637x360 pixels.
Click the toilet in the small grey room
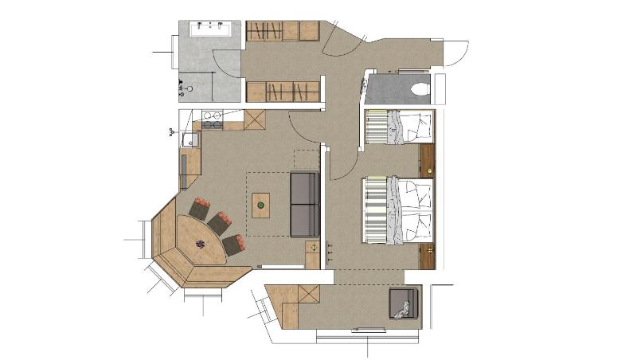click(420, 88)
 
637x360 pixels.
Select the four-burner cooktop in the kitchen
click(212, 119)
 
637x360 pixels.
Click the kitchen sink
click(190, 141)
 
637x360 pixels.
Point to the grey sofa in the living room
click(303, 204)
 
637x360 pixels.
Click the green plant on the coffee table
click(260, 205)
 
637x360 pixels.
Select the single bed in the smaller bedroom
click(398, 127)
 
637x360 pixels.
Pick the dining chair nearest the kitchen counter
click(199, 210)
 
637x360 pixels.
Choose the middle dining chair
click(219, 223)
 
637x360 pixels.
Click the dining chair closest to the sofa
click(234, 244)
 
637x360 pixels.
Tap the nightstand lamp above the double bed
click(430, 170)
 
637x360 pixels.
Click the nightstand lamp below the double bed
click(430, 250)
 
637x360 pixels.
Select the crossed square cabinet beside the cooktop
click(254, 120)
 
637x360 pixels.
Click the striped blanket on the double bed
click(374, 209)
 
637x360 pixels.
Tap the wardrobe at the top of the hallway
click(281, 31)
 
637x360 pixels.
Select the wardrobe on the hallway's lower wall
click(281, 91)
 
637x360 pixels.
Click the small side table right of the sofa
click(312, 255)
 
